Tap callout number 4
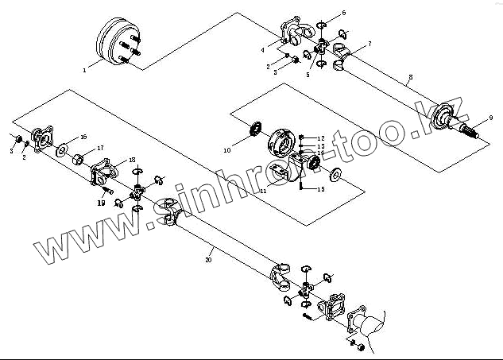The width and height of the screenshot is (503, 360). coord(262,50)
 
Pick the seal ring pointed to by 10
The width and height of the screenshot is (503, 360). coord(257,128)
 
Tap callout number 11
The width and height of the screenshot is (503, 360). coord(262,192)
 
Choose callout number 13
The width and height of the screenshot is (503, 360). coord(321,145)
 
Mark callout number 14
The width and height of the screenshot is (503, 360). coord(321,153)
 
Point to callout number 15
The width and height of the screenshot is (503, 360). coord(321,190)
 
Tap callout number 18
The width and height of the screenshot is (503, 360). coord(132,160)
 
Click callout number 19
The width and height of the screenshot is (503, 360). coord(102,203)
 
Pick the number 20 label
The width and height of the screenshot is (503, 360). coord(208,260)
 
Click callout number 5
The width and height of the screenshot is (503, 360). coord(308,75)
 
